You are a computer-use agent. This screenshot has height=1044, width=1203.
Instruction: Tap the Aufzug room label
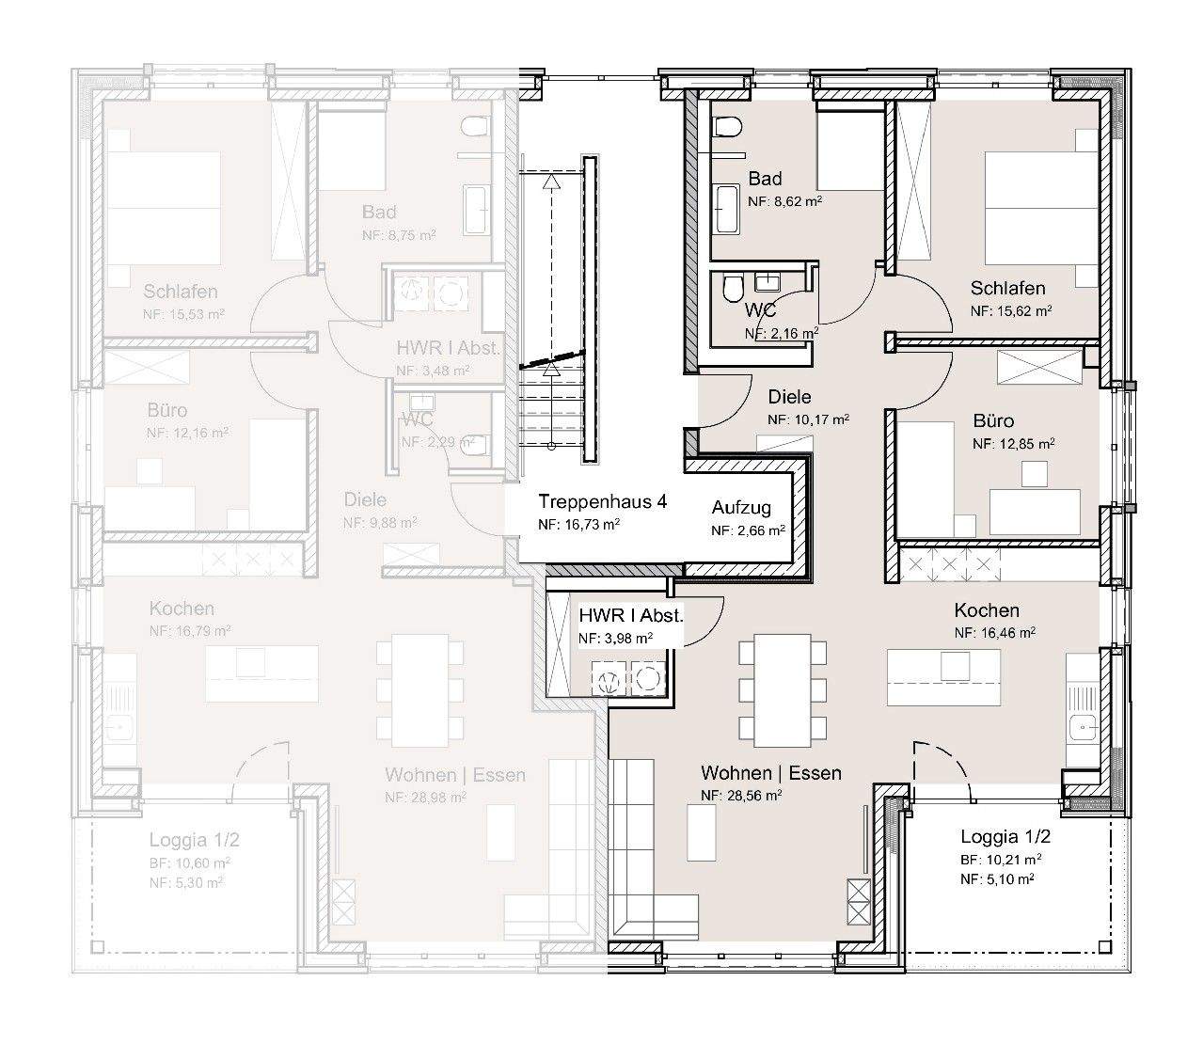pyautogui.click(x=741, y=508)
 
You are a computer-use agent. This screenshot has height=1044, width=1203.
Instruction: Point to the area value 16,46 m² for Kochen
pyautogui.click(x=994, y=633)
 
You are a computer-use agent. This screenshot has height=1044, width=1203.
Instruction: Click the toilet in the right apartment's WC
pyautogui.click(x=732, y=291)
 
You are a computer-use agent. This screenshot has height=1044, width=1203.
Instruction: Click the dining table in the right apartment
pyautogui.click(x=783, y=688)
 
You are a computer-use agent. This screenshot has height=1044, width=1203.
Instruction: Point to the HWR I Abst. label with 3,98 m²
pyautogui.click(x=630, y=617)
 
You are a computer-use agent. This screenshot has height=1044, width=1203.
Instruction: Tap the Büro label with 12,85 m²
pyautogui.click(x=993, y=420)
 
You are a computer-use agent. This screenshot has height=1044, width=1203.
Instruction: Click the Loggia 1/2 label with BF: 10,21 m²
pyautogui.click(x=1005, y=836)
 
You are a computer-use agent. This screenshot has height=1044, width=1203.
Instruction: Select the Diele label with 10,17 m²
pyautogui.click(x=789, y=397)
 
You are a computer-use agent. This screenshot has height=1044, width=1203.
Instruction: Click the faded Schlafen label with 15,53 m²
pyautogui.click(x=181, y=292)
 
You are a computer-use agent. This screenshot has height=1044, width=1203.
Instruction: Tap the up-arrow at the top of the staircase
pyautogui.click(x=550, y=180)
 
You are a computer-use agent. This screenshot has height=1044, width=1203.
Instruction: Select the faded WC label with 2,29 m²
pyautogui.click(x=418, y=419)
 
